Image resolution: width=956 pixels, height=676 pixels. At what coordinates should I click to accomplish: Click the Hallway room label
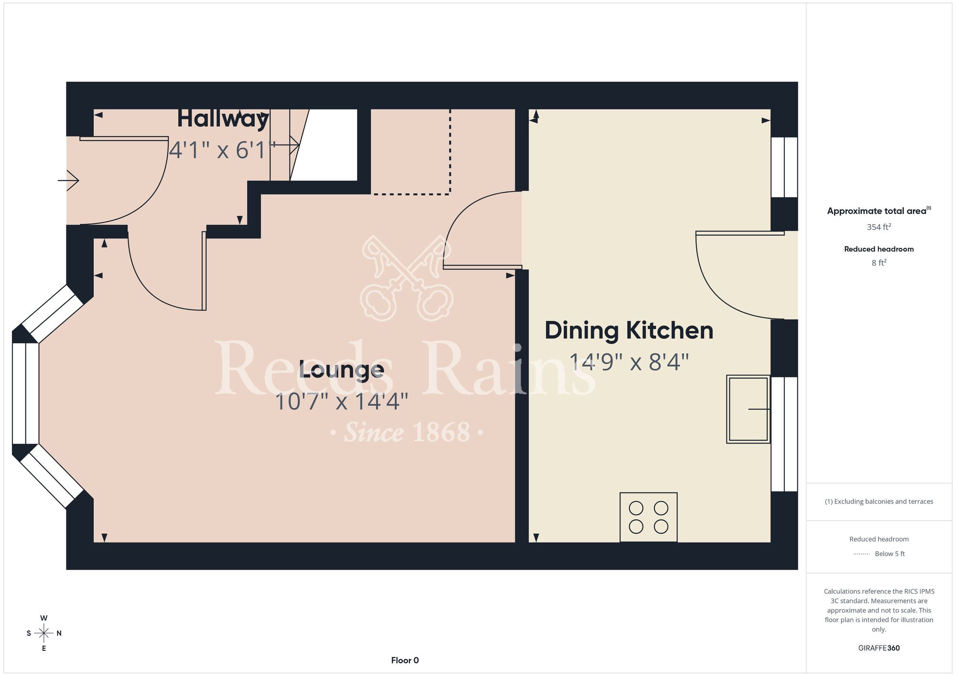[x=223, y=120]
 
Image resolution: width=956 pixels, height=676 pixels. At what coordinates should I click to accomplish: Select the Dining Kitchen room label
[x=629, y=331]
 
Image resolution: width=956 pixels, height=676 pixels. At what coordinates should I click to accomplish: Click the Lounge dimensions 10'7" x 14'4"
[x=341, y=402]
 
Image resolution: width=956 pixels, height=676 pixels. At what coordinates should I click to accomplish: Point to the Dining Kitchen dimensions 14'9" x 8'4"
[x=629, y=362]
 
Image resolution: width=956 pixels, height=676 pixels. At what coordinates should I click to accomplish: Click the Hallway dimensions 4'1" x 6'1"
[x=223, y=150]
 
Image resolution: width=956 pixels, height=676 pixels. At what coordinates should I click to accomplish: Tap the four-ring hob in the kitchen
[x=649, y=517]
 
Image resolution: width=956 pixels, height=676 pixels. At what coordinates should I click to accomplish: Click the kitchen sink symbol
[x=748, y=409]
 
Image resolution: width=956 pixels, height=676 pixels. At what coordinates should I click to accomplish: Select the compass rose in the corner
[x=43, y=633]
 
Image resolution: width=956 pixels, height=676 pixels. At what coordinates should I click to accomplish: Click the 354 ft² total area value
[x=879, y=227]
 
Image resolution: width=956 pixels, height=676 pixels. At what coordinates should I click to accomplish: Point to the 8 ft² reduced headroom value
[x=879, y=262]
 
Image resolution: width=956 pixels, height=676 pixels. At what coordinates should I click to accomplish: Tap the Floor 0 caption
[x=405, y=660]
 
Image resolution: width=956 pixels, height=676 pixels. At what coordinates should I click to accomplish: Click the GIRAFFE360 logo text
[x=879, y=648]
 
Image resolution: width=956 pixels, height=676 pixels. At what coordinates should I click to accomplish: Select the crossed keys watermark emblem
[x=407, y=278]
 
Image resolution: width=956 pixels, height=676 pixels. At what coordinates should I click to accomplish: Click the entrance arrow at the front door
[x=68, y=181]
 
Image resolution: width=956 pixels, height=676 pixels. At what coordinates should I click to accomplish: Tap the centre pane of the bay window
[x=25, y=393]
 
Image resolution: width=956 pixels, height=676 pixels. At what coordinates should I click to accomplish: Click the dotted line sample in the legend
[x=861, y=554]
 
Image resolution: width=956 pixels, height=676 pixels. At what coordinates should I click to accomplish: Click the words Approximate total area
[x=877, y=211]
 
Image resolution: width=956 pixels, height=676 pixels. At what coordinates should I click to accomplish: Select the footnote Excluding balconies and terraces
[x=879, y=502]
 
